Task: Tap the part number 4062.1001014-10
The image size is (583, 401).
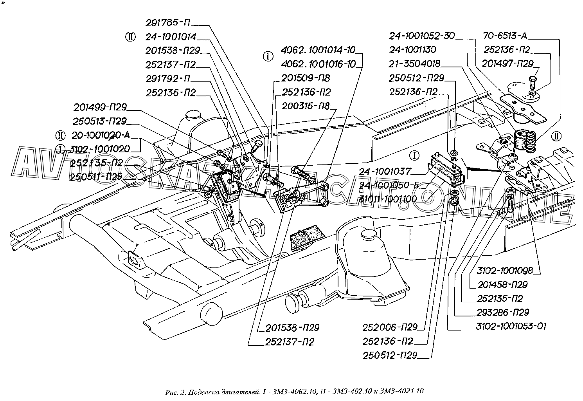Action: (x=318, y=50)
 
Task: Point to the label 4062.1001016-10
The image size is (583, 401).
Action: (x=318, y=64)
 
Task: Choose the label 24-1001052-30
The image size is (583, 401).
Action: (x=421, y=36)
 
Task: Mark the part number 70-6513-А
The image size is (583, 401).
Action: (x=505, y=36)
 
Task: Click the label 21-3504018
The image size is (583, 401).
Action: (x=414, y=64)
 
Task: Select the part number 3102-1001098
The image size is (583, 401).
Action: (x=505, y=271)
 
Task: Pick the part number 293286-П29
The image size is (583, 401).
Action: (x=503, y=312)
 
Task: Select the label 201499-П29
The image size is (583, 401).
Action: (x=100, y=107)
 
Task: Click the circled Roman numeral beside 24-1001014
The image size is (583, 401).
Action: (x=130, y=37)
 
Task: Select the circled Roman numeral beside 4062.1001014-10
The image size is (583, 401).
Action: (x=268, y=56)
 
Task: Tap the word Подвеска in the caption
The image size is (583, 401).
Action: (x=202, y=391)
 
